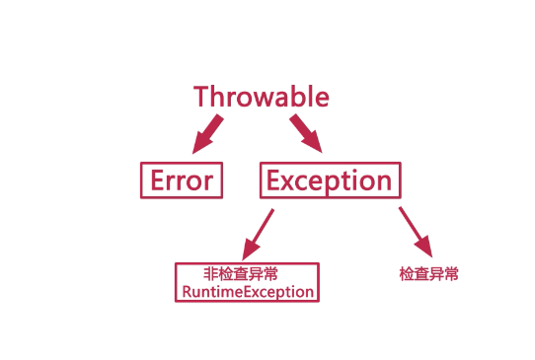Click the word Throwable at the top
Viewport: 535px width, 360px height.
(x=261, y=97)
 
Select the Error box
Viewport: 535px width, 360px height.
(x=181, y=180)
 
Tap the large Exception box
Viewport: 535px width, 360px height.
(x=330, y=180)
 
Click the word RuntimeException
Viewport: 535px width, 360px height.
(x=247, y=292)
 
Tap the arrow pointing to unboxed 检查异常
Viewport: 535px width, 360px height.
(x=415, y=230)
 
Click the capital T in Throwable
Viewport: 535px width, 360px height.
(x=201, y=97)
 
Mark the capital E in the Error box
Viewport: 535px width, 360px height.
(x=156, y=180)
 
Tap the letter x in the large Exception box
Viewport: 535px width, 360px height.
(x=287, y=182)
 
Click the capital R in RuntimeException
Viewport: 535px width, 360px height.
(x=185, y=292)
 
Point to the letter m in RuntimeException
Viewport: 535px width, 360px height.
(x=223, y=293)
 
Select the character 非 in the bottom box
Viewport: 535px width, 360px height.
(x=210, y=275)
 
